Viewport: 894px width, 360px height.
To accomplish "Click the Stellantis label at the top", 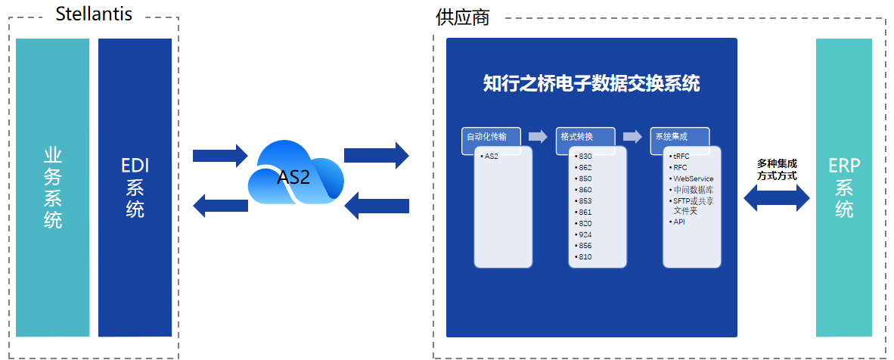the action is [x=94, y=14].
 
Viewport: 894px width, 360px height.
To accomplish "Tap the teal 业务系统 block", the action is [x=52, y=188].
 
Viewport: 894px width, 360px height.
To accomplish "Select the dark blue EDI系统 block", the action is [x=135, y=188].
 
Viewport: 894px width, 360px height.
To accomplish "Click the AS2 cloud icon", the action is [x=295, y=173].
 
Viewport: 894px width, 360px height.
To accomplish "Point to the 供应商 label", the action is [x=462, y=17].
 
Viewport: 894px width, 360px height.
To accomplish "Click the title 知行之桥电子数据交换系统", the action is [x=591, y=84].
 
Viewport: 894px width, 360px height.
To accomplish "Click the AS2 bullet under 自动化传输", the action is [x=490, y=157].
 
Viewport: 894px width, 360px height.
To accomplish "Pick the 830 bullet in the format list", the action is [x=582, y=157].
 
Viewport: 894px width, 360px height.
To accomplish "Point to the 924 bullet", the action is [x=582, y=234].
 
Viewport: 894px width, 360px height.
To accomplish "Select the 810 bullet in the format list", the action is [x=582, y=256].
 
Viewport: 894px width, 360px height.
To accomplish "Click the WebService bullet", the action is [x=691, y=178].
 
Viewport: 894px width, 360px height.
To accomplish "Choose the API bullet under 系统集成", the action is [x=677, y=222].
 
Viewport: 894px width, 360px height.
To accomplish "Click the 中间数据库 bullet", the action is [x=691, y=190].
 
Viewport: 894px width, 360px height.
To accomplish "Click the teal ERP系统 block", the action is [x=844, y=188].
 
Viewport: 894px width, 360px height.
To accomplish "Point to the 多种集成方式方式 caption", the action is [x=777, y=169].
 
